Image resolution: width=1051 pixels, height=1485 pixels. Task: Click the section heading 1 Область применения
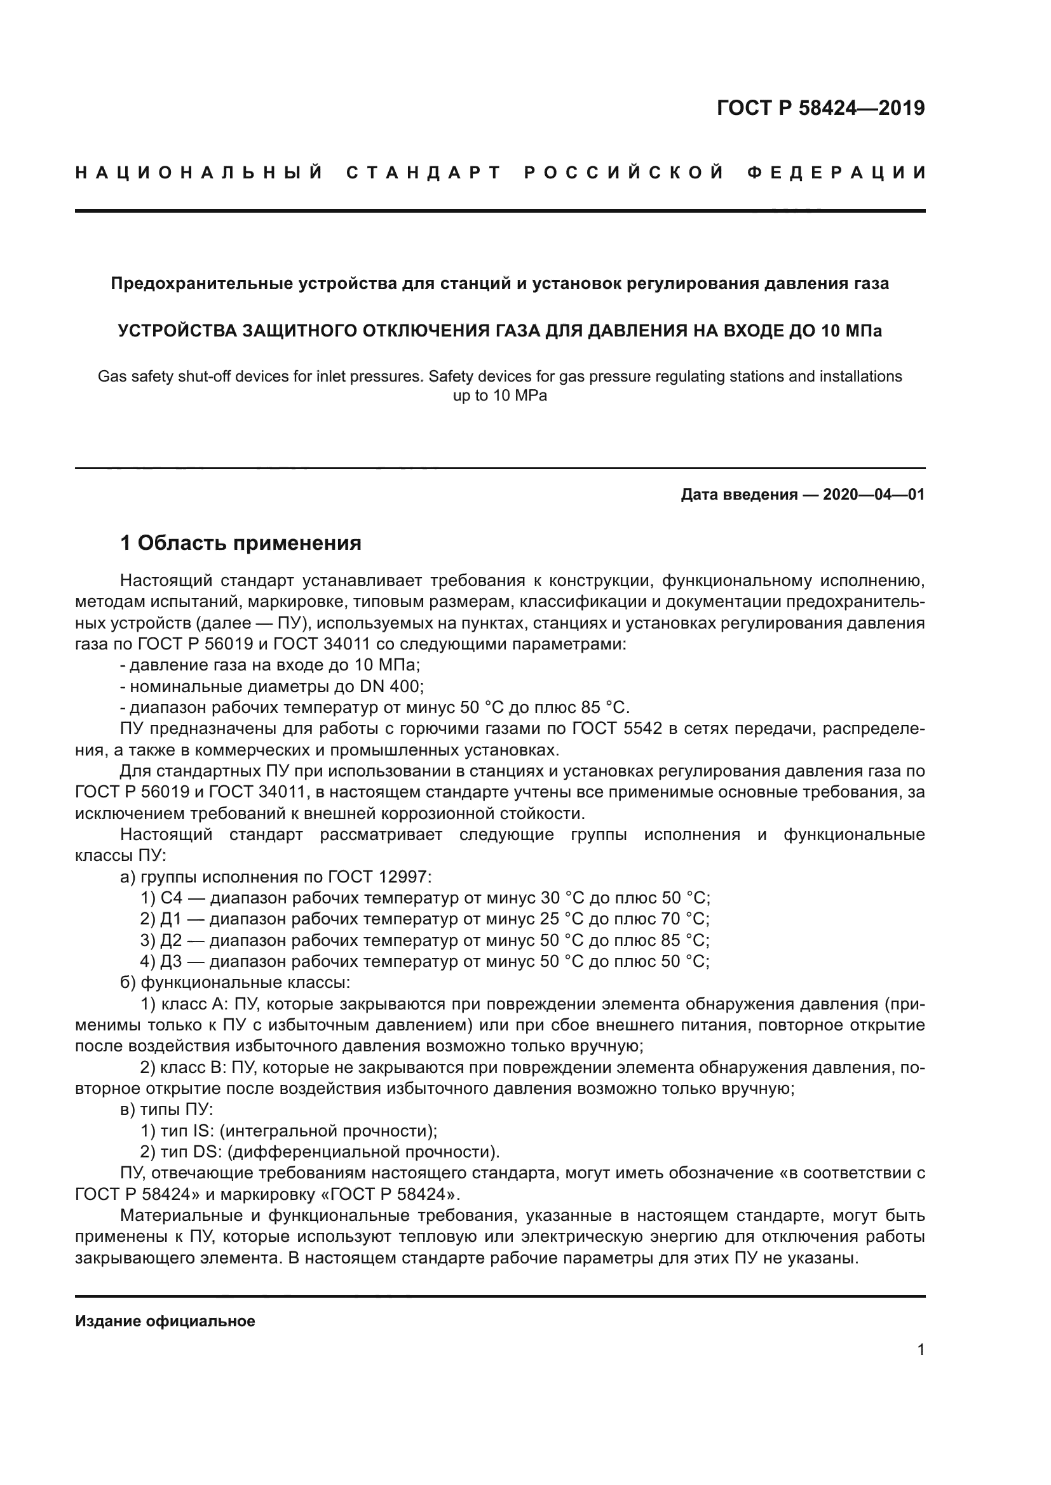[x=240, y=543]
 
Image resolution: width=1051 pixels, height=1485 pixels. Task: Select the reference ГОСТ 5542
[x=617, y=728]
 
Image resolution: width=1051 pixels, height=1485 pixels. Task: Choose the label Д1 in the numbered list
[x=171, y=919]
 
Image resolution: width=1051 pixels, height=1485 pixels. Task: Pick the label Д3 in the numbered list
[x=171, y=962]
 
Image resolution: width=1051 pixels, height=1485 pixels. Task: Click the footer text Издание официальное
[x=165, y=1321]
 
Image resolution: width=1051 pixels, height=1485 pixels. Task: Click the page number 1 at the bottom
[x=920, y=1349]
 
